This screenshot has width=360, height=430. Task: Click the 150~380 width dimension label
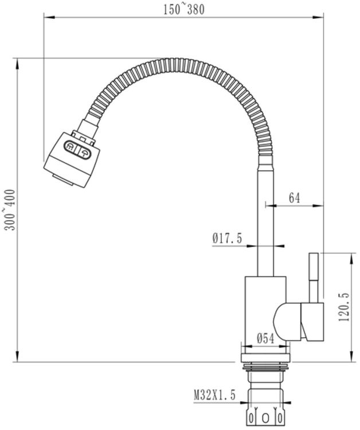click(184, 10)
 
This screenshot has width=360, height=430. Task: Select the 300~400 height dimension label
click(10, 210)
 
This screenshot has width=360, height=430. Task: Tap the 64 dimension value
click(294, 198)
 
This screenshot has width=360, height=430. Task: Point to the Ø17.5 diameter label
click(228, 238)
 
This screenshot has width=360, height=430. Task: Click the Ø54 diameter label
click(265, 339)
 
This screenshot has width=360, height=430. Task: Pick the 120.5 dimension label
click(344, 307)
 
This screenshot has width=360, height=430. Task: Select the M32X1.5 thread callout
click(215, 395)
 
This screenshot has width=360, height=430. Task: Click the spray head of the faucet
click(72, 159)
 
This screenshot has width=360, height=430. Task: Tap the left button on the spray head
click(69, 146)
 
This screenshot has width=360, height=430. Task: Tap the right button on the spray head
click(84, 153)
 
